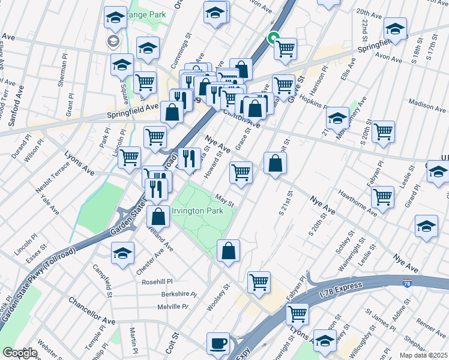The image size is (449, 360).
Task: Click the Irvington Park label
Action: (197, 211)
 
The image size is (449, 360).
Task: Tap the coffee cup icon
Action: (218, 344)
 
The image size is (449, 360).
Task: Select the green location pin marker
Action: (273, 37)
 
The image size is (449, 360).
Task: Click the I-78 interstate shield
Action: (407, 283)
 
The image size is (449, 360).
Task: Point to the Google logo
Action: (20, 353)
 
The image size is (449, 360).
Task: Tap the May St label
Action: (223, 200)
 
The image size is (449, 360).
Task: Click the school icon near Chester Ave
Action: (122, 253)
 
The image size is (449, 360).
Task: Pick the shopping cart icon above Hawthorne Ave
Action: (382, 196)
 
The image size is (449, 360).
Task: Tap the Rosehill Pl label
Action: (157, 281)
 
